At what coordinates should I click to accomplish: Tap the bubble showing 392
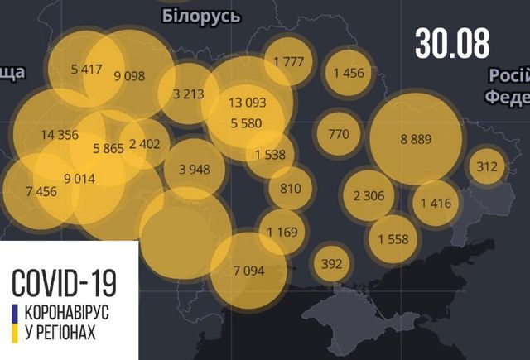coord(331,265)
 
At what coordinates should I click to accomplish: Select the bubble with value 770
coord(338,134)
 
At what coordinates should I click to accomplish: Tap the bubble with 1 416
coord(434,203)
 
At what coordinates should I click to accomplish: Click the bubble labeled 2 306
coord(368,196)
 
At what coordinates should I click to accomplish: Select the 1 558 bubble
coord(393,239)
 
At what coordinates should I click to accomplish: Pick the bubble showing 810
coord(290,188)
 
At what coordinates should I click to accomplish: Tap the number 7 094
coord(248,270)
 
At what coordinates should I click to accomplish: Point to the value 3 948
coord(194,170)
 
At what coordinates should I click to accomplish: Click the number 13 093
coord(248,103)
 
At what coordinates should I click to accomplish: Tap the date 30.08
coord(452,42)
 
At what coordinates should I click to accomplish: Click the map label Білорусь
coord(201,16)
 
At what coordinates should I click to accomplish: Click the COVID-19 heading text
coord(64,282)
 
